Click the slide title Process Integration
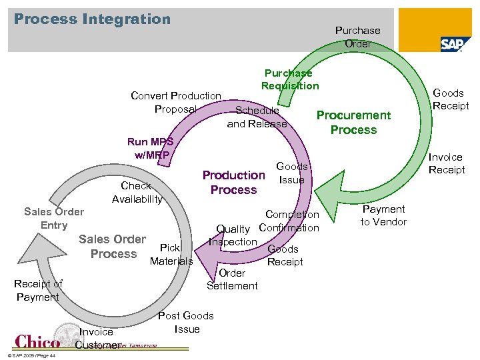92,19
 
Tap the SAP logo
455,44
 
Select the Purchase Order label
357,37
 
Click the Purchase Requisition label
290,79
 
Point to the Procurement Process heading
353,123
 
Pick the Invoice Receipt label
446,163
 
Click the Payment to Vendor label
383,215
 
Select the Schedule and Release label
257,117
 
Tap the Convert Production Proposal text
176,103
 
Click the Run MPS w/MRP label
150,148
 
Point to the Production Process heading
233,182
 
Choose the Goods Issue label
291,173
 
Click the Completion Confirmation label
291,221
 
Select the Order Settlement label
232,279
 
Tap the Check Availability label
137,192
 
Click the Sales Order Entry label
54,218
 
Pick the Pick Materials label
171,254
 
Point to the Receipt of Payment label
38,290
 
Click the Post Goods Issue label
186,322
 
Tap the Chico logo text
37,341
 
